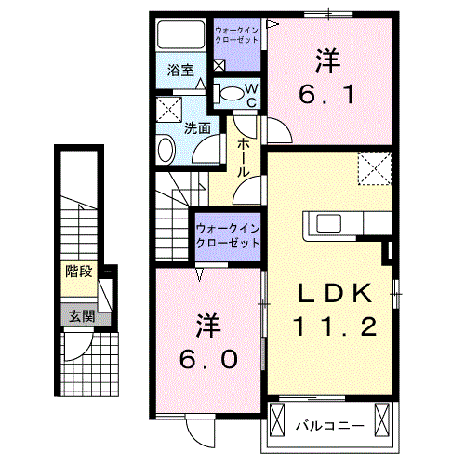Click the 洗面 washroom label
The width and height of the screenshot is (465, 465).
pyautogui.click(x=196, y=128)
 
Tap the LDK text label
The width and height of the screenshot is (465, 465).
pyautogui.click(x=336, y=294)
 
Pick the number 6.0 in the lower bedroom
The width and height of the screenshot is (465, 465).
pyautogui.click(x=210, y=358)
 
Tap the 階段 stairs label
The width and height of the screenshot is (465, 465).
pyautogui.click(x=78, y=272)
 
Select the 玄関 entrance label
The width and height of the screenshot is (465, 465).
pyautogui.click(x=80, y=316)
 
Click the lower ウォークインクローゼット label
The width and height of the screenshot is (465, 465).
pyautogui.click(x=229, y=234)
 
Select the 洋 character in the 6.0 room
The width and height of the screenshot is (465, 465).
pyautogui.click(x=210, y=326)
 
